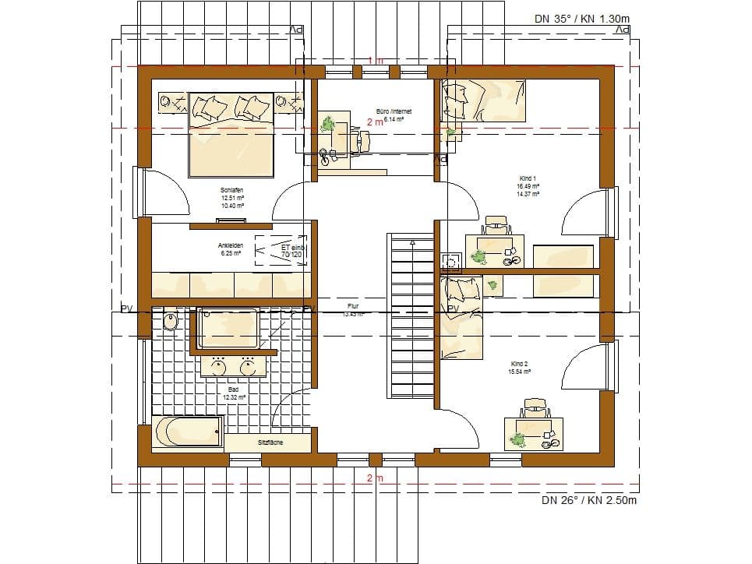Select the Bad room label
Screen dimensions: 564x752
[x=233, y=389]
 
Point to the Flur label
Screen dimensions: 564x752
[x=353, y=307]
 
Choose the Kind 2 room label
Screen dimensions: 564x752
[x=521, y=364]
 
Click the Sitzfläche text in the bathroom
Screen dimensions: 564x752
[x=270, y=442]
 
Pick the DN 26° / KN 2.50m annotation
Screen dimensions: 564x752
[x=589, y=500]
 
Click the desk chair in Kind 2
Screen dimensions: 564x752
[x=536, y=407]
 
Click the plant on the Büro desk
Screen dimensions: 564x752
[x=329, y=123]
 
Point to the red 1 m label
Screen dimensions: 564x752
[x=376, y=61]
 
